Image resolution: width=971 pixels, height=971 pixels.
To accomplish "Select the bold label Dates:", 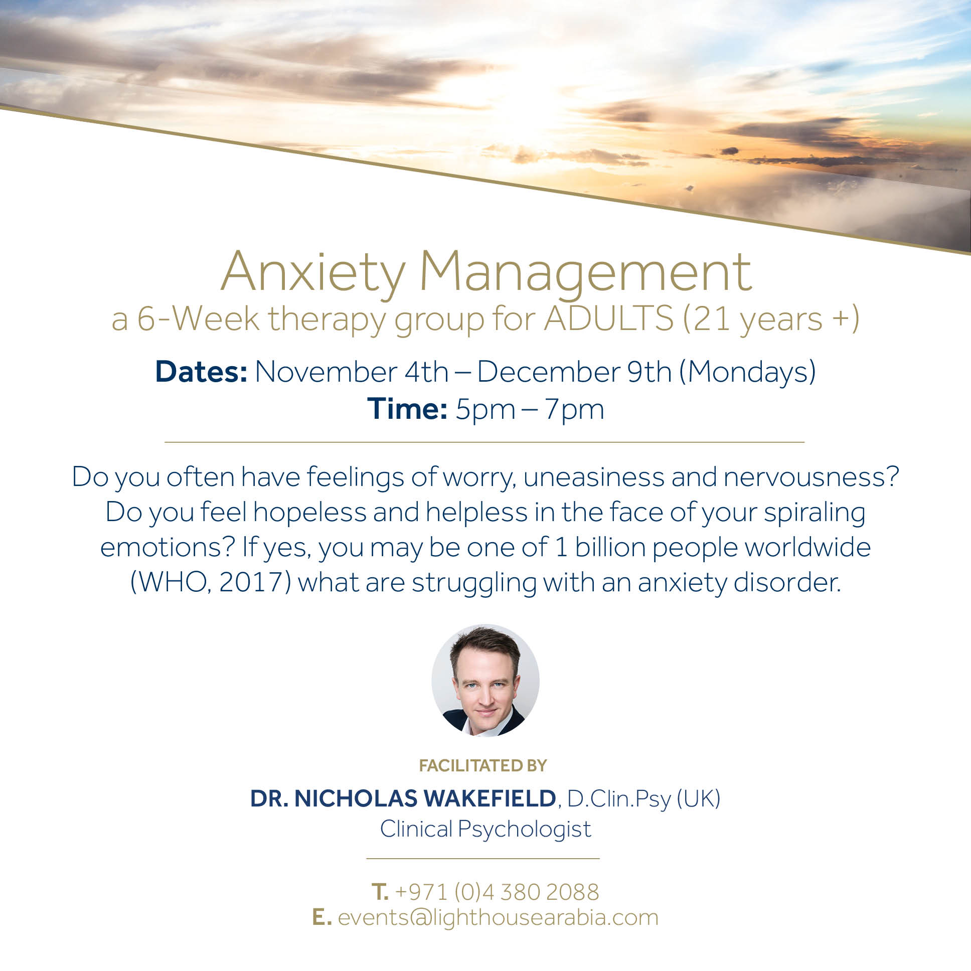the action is pos(201,372).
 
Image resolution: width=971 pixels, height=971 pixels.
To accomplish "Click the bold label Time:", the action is pos(407,408).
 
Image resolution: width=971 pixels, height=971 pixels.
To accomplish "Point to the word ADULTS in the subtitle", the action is pos(609,318).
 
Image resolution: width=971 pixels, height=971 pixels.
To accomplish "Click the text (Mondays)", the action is pos(747,373).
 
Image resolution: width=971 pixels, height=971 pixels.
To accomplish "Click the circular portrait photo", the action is pos(485,681).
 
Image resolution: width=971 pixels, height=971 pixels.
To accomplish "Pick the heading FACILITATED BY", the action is pos(483,765).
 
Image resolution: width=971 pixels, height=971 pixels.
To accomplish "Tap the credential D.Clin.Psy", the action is pos(620,799).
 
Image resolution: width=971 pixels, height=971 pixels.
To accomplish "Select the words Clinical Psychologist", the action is pos(485,829).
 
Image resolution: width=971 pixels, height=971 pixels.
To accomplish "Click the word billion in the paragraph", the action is pos(611,547).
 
